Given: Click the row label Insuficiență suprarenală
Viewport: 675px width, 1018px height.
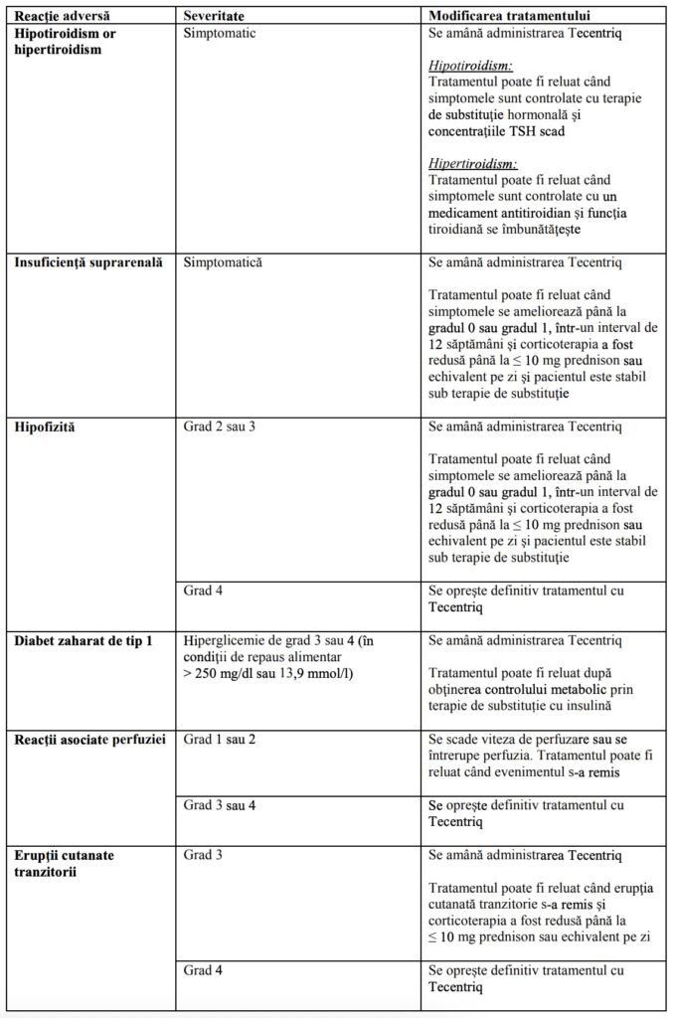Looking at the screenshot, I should point(88,263).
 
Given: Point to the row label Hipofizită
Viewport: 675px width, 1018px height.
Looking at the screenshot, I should point(45,426).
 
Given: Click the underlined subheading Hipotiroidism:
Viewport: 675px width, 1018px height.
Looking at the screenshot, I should point(471,66).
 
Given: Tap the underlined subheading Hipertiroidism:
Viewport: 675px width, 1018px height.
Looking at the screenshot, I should point(473,163).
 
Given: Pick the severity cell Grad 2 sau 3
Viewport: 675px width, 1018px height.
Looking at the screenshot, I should point(221,426).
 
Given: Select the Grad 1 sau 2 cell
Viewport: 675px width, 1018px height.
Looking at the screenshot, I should point(221,741).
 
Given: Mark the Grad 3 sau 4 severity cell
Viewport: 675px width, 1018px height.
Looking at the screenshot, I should point(221,804).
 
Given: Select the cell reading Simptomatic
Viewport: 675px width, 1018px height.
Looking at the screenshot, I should point(220,33).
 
